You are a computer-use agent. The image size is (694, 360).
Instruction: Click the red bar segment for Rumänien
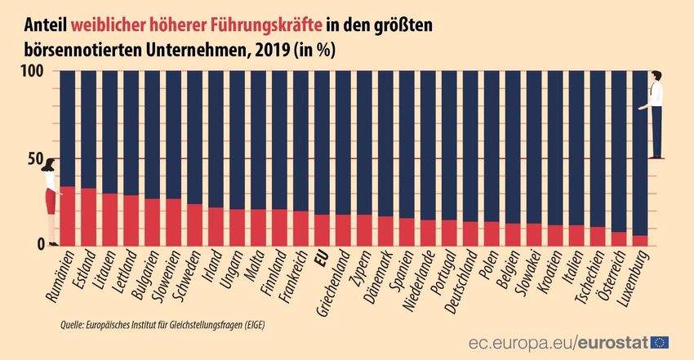(68, 216)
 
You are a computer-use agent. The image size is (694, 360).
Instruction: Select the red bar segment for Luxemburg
(640, 240)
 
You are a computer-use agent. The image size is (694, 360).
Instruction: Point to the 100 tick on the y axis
(29, 71)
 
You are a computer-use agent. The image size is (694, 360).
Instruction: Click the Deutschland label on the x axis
(462, 278)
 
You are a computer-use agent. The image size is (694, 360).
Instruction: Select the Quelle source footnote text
(163, 326)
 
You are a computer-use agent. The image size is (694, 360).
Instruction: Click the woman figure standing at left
(51, 200)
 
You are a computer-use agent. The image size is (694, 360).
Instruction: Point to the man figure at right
(656, 114)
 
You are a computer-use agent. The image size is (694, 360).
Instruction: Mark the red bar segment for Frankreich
(301, 228)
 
